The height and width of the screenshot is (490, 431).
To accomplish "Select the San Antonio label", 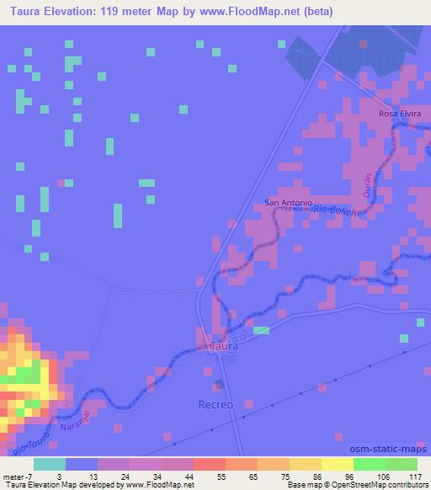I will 289,203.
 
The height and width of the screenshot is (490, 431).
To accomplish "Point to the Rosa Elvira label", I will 399,114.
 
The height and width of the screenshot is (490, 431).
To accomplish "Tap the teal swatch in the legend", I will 49,464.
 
